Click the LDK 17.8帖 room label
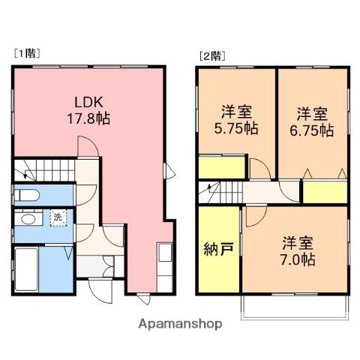88,110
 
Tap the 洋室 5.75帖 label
236,120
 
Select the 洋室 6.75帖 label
312,121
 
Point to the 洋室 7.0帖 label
298,251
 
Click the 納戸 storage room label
219,249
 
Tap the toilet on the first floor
26,195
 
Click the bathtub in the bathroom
26,269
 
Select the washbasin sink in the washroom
28,218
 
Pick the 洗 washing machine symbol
58,217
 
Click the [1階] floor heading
27,53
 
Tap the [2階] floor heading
212,56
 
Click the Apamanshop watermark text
180,324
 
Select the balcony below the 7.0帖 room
295,307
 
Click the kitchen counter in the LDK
165,267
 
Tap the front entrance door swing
100,292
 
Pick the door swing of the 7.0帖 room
256,216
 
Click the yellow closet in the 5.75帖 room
221,167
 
